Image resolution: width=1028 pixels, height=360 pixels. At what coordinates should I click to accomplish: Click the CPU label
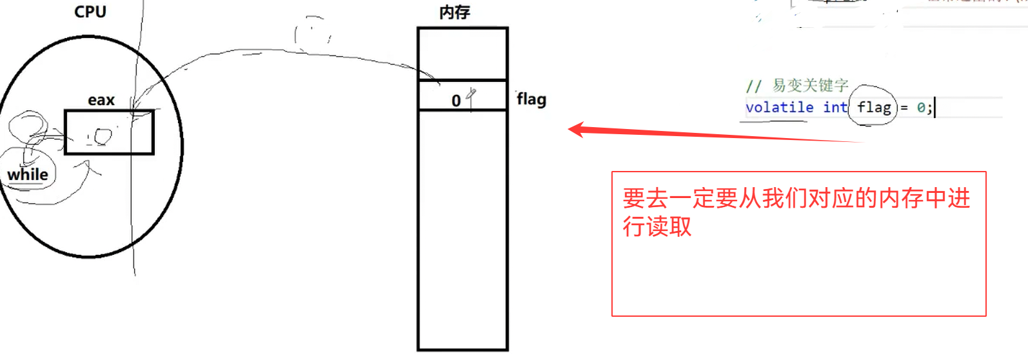(90, 12)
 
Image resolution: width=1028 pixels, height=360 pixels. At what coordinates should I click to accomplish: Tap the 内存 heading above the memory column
(455, 13)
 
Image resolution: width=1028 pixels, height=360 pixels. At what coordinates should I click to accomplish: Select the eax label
(101, 100)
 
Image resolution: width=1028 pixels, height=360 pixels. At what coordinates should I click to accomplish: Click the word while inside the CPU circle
(28, 174)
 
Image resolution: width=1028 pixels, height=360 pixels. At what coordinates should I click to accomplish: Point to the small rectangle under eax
(109, 132)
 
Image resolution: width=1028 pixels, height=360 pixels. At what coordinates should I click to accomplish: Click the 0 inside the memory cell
(456, 101)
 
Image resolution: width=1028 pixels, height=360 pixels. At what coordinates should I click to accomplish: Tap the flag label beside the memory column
(531, 99)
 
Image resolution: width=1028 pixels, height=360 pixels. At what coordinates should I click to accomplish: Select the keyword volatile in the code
(779, 107)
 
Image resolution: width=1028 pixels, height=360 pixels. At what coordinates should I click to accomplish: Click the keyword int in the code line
(835, 107)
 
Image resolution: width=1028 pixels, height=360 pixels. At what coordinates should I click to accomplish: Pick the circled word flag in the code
(874, 107)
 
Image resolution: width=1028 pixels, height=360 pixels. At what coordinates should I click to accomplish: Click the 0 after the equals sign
(921, 108)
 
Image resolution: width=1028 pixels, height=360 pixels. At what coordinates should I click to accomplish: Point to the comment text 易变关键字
(810, 85)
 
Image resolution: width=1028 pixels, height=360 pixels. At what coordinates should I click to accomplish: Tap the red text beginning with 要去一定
(796, 198)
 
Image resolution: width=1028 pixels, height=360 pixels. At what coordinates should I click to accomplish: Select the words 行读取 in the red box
(657, 226)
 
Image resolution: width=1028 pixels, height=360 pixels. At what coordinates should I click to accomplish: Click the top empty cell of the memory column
(462, 54)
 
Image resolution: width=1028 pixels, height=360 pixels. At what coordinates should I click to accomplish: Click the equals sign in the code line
(904, 108)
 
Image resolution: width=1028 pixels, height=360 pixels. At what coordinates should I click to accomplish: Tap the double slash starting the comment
(753, 86)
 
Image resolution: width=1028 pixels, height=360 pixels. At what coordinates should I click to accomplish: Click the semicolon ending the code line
(929, 108)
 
